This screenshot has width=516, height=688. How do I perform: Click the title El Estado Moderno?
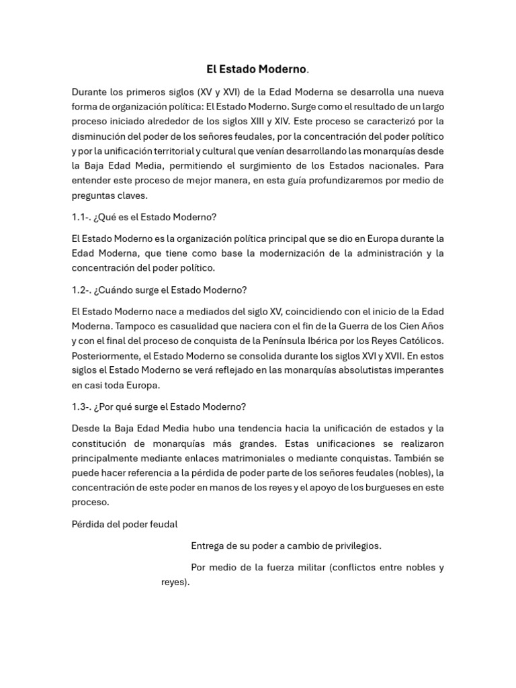pos(257,69)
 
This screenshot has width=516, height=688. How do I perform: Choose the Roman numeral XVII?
pos(396,355)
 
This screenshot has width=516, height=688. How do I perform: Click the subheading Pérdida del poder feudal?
pos(124,524)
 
